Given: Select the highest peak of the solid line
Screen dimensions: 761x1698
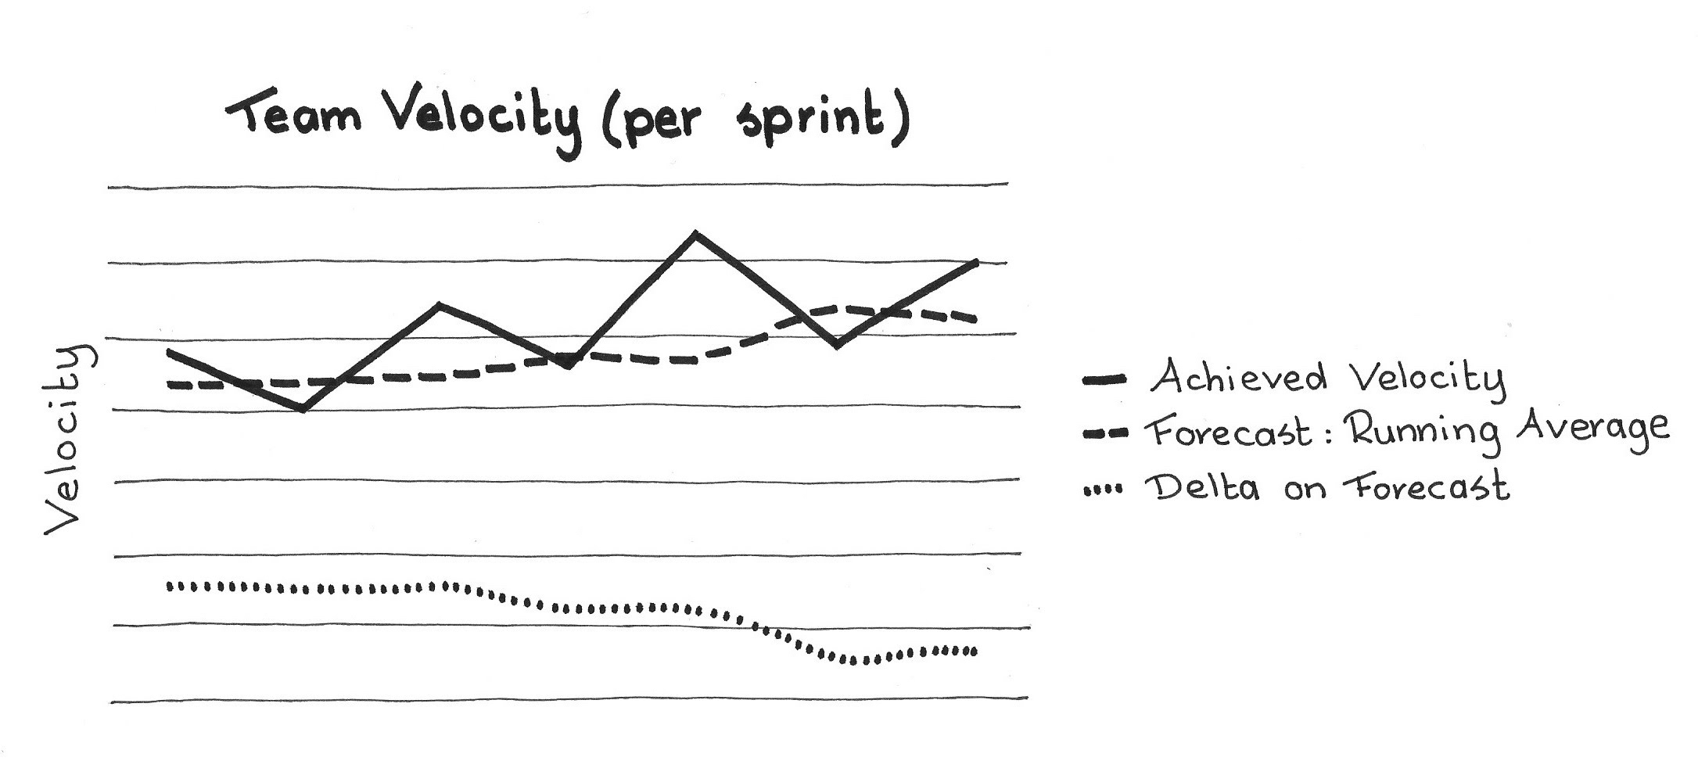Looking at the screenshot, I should coord(695,234).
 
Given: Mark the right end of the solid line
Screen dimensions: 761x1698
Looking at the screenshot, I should coord(977,262).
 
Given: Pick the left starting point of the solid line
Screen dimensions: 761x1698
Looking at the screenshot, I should coord(170,353).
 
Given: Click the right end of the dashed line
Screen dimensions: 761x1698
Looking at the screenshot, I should coord(974,318).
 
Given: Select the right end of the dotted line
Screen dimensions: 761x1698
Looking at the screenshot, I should coord(973,651).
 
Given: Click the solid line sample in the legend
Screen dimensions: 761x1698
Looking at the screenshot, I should coord(1104,381).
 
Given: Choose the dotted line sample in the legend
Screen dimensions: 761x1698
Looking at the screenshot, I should coord(1103,490).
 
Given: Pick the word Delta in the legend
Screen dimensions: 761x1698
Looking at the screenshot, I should coord(1201,487).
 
